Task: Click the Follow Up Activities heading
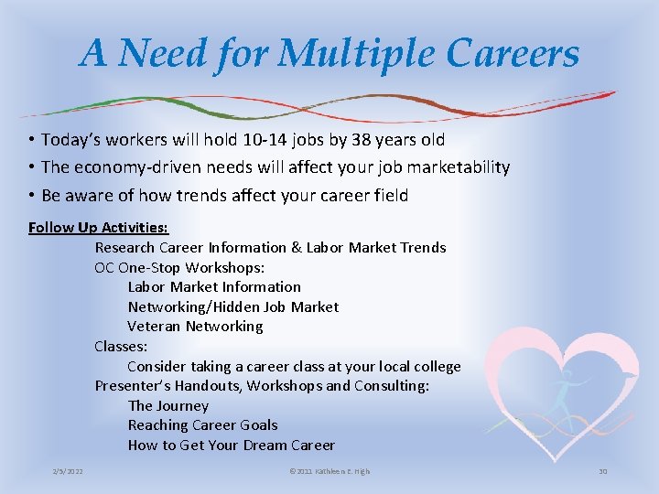tap(99, 227)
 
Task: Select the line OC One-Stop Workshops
tap(179, 267)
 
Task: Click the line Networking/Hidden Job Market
tap(232, 306)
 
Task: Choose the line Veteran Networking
tap(195, 327)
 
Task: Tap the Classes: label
tap(121, 346)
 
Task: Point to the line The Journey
tap(168, 405)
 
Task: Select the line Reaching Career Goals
tap(202, 425)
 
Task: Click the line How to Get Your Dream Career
tap(231, 446)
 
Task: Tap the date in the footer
tap(68, 471)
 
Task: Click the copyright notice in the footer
tap(329, 471)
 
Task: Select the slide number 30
tap(602, 471)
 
